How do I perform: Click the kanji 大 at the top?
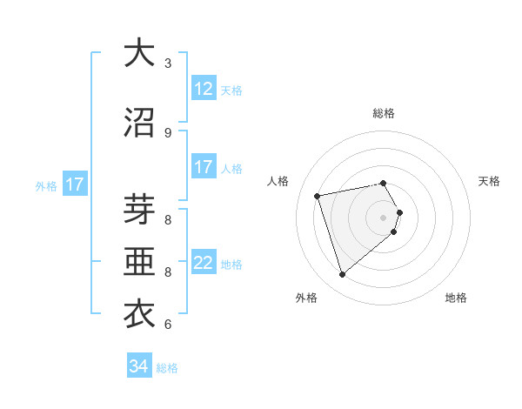[x=139, y=54]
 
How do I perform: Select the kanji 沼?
[x=139, y=124]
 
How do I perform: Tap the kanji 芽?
[x=139, y=209]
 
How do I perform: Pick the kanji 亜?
[x=139, y=261]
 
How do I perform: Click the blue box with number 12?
[x=204, y=89]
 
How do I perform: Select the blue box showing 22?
[x=204, y=263]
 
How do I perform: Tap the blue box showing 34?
[x=139, y=366]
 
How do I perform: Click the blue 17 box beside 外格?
[x=74, y=184]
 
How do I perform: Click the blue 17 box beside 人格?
[x=204, y=167]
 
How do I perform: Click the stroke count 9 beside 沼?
[x=168, y=132]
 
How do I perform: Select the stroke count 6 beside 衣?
[x=168, y=325]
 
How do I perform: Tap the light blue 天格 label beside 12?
[x=231, y=90]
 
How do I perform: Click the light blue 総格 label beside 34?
[x=167, y=368]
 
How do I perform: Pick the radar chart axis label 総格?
[x=384, y=113]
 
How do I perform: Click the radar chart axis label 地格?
[x=456, y=298]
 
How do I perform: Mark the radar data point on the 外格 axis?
[x=342, y=275]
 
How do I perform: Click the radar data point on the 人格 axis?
[x=318, y=195]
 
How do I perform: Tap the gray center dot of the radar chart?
[x=384, y=217]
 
